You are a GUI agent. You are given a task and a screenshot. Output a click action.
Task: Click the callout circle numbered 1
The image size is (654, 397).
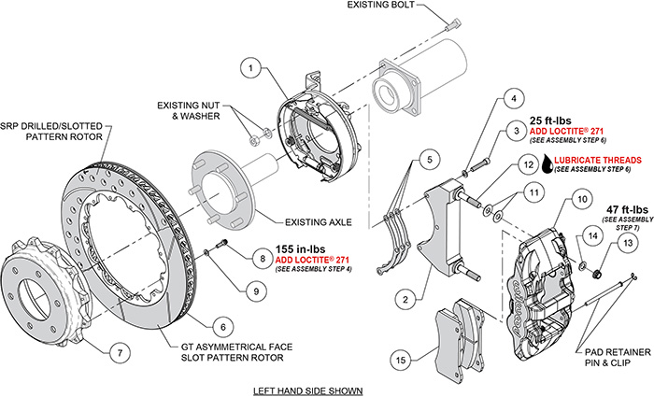point(249,67)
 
